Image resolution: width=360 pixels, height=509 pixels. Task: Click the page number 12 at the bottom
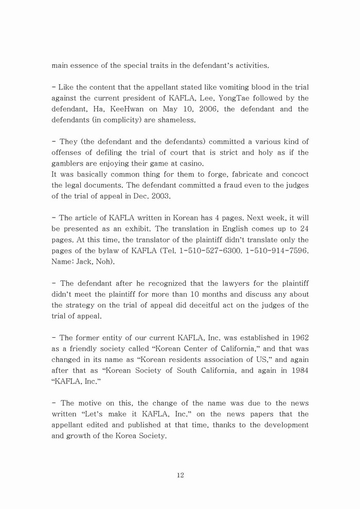coord(180,475)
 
